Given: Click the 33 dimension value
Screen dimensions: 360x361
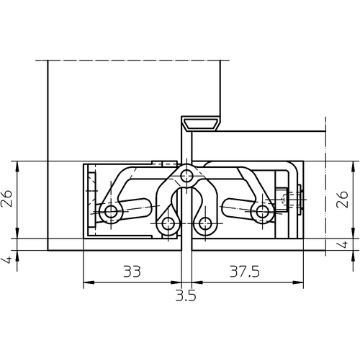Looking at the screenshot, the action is [132, 272].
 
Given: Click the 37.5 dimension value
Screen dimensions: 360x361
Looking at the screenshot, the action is [245, 272].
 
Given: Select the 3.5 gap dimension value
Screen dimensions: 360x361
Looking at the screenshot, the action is [186, 295].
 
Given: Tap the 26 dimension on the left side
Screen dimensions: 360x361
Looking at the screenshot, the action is [6, 198].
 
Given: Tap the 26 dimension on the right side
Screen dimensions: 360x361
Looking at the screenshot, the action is [342, 200].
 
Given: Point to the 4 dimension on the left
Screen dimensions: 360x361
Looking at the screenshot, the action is [8, 260].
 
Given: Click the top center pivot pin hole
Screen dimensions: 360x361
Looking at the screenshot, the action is [186, 177].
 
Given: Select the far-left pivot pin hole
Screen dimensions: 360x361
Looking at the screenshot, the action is [111, 212].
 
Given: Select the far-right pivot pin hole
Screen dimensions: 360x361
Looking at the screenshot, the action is [263, 212].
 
